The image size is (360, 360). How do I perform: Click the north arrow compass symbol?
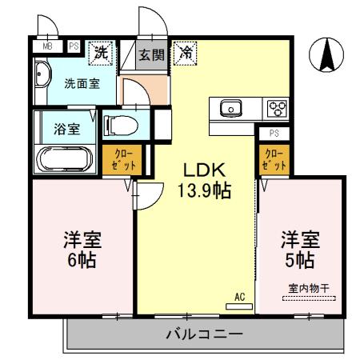(x=326, y=55)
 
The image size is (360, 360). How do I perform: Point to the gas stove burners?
(x=276, y=107)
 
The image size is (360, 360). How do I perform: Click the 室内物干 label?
(x=307, y=290)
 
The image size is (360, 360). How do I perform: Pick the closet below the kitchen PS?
(x=272, y=159)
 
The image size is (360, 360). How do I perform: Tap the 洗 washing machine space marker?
(x=101, y=53)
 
